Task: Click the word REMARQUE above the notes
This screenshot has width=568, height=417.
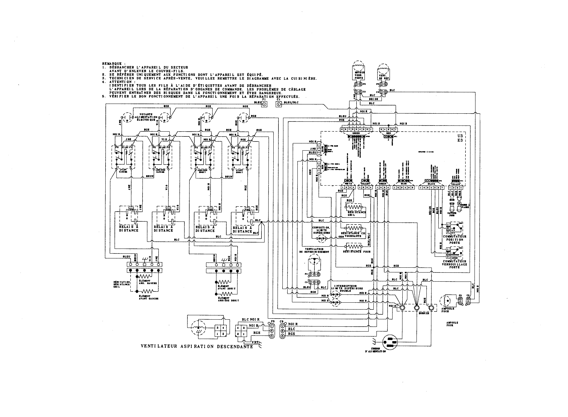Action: click(x=112, y=64)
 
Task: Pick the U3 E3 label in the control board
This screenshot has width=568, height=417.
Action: click(x=460, y=138)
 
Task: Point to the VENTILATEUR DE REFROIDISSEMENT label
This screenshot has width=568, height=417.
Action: click(x=314, y=250)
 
